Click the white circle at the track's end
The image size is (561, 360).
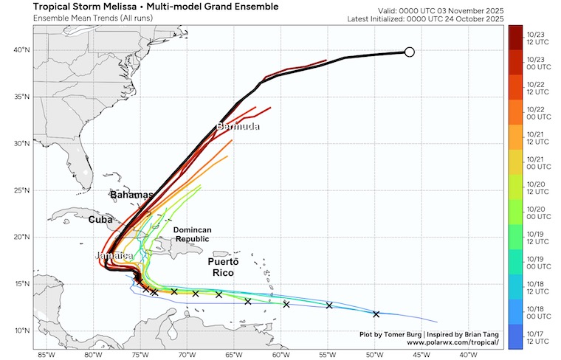410,52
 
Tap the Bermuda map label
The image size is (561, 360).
238,127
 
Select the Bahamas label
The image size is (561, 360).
131,195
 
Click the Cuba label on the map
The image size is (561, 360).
100,220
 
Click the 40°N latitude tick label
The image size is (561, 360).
21,50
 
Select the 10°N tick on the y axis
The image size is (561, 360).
21,330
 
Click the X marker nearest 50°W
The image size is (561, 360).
376,314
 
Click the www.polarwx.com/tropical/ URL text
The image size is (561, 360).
452,343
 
